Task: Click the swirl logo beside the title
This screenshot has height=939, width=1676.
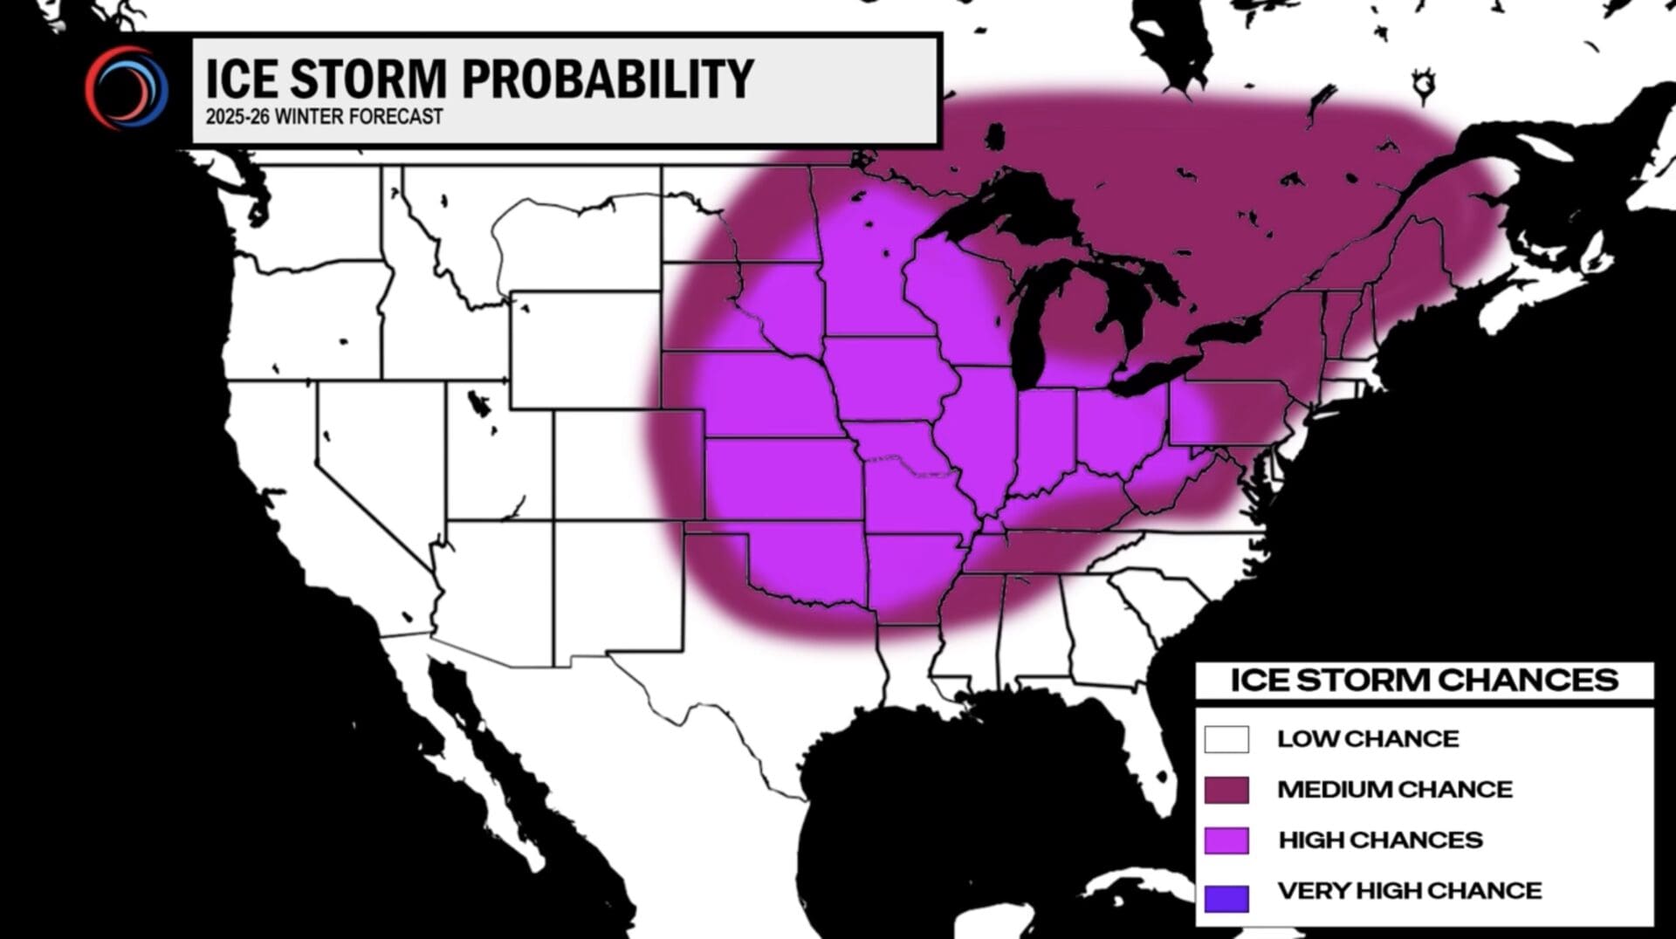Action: click(126, 87)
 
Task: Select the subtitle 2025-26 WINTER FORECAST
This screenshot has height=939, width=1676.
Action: click(324, 117)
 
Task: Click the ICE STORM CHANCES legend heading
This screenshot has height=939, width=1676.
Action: click(1424, 680)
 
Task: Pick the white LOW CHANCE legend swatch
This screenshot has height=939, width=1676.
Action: click(1226, 739)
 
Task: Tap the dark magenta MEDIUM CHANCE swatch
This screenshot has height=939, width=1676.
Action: click(1226, 790)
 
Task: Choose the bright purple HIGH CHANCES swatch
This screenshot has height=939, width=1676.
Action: click(1226, 840)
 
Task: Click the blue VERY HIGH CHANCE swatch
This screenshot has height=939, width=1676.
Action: click(1226, 898)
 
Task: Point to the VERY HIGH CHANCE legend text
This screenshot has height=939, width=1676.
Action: click(1409, 891)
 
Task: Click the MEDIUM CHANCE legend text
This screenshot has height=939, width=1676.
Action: click(1394, 790)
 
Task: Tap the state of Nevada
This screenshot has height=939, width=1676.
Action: click(367, 454)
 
